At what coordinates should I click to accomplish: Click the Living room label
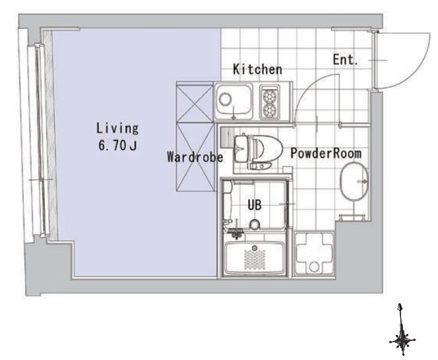tap(117, 128)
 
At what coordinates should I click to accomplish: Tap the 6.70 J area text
tap(117, 145)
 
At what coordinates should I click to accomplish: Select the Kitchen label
tap(257, 69)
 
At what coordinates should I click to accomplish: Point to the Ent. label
tap(345, 60)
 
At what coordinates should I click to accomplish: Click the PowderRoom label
tap(326, 153)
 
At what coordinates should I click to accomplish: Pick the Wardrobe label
tap(195, 157)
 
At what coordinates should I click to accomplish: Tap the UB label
tap(255, 205)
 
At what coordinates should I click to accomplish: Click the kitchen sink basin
tap(234, 100)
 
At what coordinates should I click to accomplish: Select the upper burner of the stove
tap(269, 97)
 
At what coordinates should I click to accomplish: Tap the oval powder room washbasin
tap(354, 181)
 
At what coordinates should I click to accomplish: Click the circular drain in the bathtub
tap(254, 248)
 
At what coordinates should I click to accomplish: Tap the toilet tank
tap(241, 148)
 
